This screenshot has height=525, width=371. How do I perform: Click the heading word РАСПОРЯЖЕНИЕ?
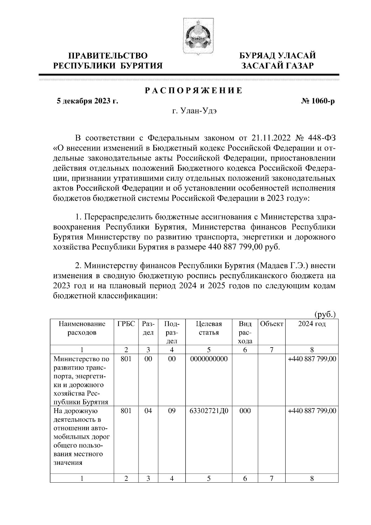(194, 91)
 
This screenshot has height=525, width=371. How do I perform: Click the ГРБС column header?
(126, 324)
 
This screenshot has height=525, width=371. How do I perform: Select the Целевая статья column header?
(209, 328)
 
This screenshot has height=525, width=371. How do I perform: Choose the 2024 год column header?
(312, 324)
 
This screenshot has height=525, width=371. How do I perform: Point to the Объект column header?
(271, 324)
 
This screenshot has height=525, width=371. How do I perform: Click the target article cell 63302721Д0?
(209, 411)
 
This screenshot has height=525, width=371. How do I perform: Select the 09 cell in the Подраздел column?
(172, 411)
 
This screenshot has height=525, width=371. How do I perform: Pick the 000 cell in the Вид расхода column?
(245, 411)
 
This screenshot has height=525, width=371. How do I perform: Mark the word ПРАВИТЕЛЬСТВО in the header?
(108, 56)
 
